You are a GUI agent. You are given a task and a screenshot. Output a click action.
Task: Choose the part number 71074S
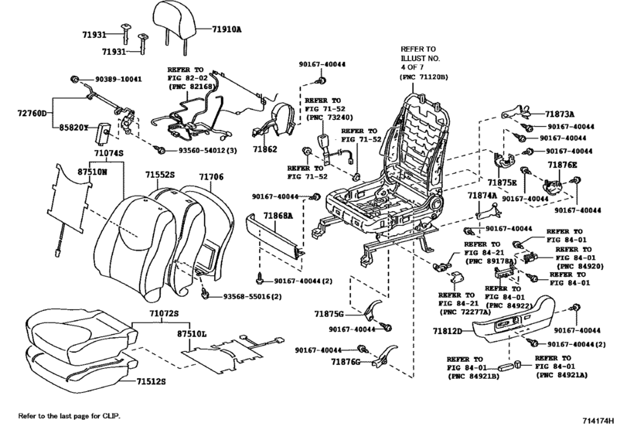(110, 154)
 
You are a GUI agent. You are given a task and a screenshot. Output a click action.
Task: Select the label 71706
(211, 177)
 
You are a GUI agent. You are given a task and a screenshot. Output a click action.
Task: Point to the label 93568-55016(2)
(250, 297)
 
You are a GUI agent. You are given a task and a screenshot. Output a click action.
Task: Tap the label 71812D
(446, 332)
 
